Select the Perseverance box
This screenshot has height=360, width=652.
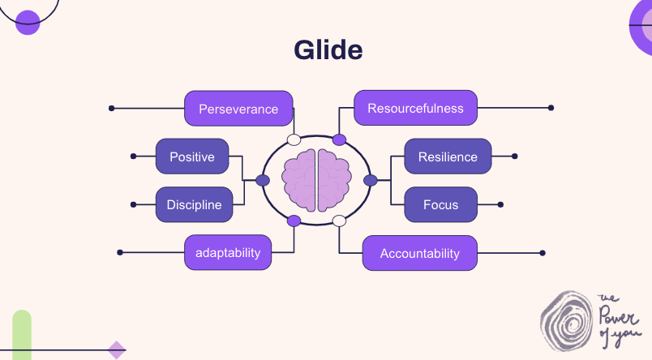tap(238, 109)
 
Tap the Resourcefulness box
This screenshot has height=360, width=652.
tap(415, 109)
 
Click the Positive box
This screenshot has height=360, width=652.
tap(192, 156)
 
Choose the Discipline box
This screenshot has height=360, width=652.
tap(195, 204)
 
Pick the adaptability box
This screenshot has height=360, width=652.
tap(228, 252)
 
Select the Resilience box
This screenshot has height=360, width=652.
tap(448, 156)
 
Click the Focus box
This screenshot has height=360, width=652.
tap(440, 204)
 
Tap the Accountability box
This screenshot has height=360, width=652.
tap(419, 253)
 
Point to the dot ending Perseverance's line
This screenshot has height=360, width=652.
tap(111, 108)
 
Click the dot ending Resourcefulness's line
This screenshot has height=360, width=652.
tap(551, 108)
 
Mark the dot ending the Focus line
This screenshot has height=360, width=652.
tap(500, 204)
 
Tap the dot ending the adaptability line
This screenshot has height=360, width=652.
tap(121, 253)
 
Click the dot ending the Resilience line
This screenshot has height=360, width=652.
tap(515, 156)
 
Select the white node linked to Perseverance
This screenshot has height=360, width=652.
tap(294, 139)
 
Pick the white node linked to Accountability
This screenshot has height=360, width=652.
tap(339, 221)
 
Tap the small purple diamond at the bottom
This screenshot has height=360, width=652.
tap(117, 349)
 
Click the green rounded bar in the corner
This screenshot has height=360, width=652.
tap(22, 334)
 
